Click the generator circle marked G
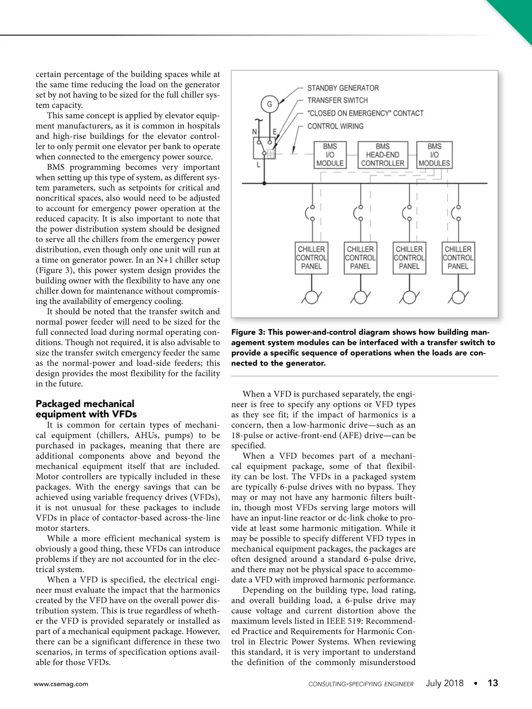[x=270, y=105]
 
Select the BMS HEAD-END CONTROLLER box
[x=383, y=155]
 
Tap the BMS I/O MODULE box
[x=330, y=155]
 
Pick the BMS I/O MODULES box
[x=434, y=155]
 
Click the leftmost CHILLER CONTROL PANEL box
[x=311, y=257]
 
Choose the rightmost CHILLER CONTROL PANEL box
[x=458, y=257]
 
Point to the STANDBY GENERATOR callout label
[x=343, y=88]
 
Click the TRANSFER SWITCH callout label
[x=337, y=100]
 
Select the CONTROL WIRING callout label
[x=335, y=126]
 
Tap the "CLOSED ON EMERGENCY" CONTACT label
[x=365, y=113]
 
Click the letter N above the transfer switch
[x=255, y=132]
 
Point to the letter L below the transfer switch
[x=258, y=165]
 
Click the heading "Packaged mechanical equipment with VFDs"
[x=86, y=409]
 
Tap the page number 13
[x=493, y=683]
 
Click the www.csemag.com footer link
[x=61, y=684]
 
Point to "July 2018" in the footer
[x=444, y=683]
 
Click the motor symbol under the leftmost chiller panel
[x=312, y=298]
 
